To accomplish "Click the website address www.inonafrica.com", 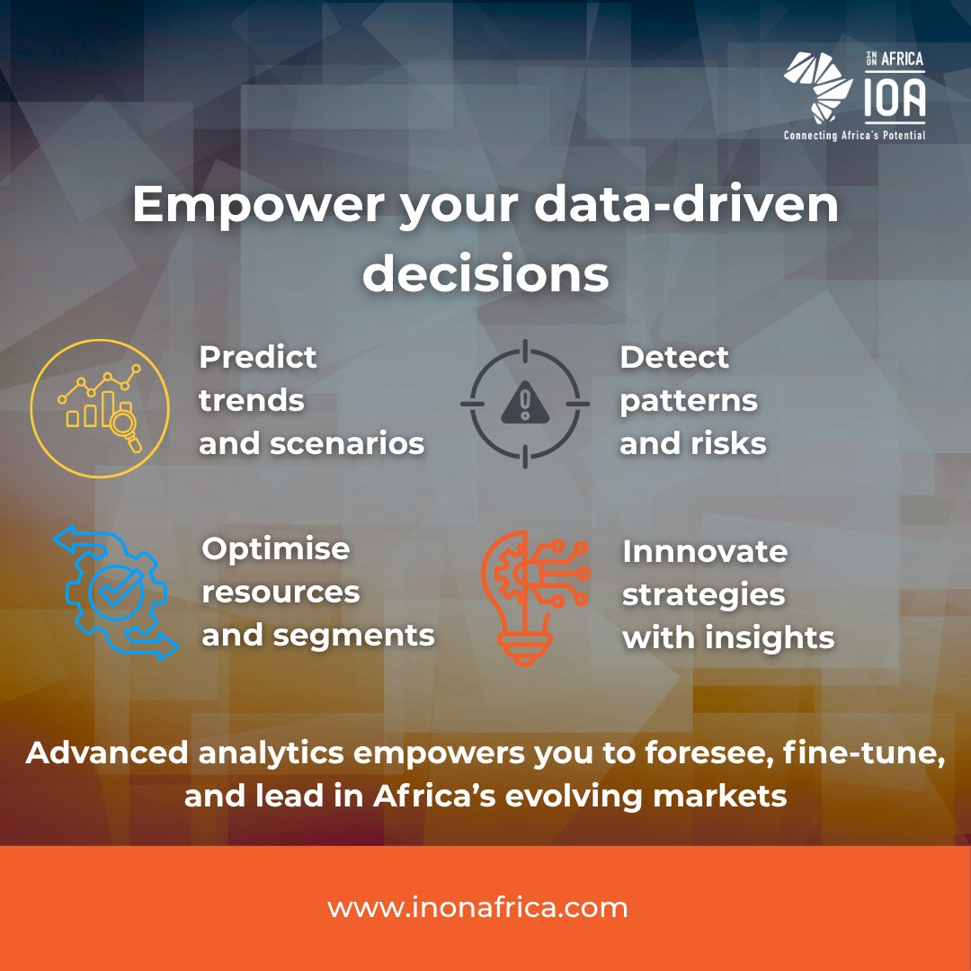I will (477, 907).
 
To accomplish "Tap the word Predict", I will (258, 357).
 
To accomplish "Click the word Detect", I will (674, 357).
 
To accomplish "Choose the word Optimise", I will (276, 548).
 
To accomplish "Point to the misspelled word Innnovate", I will (705, 551).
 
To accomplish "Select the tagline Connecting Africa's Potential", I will (854, 135).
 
